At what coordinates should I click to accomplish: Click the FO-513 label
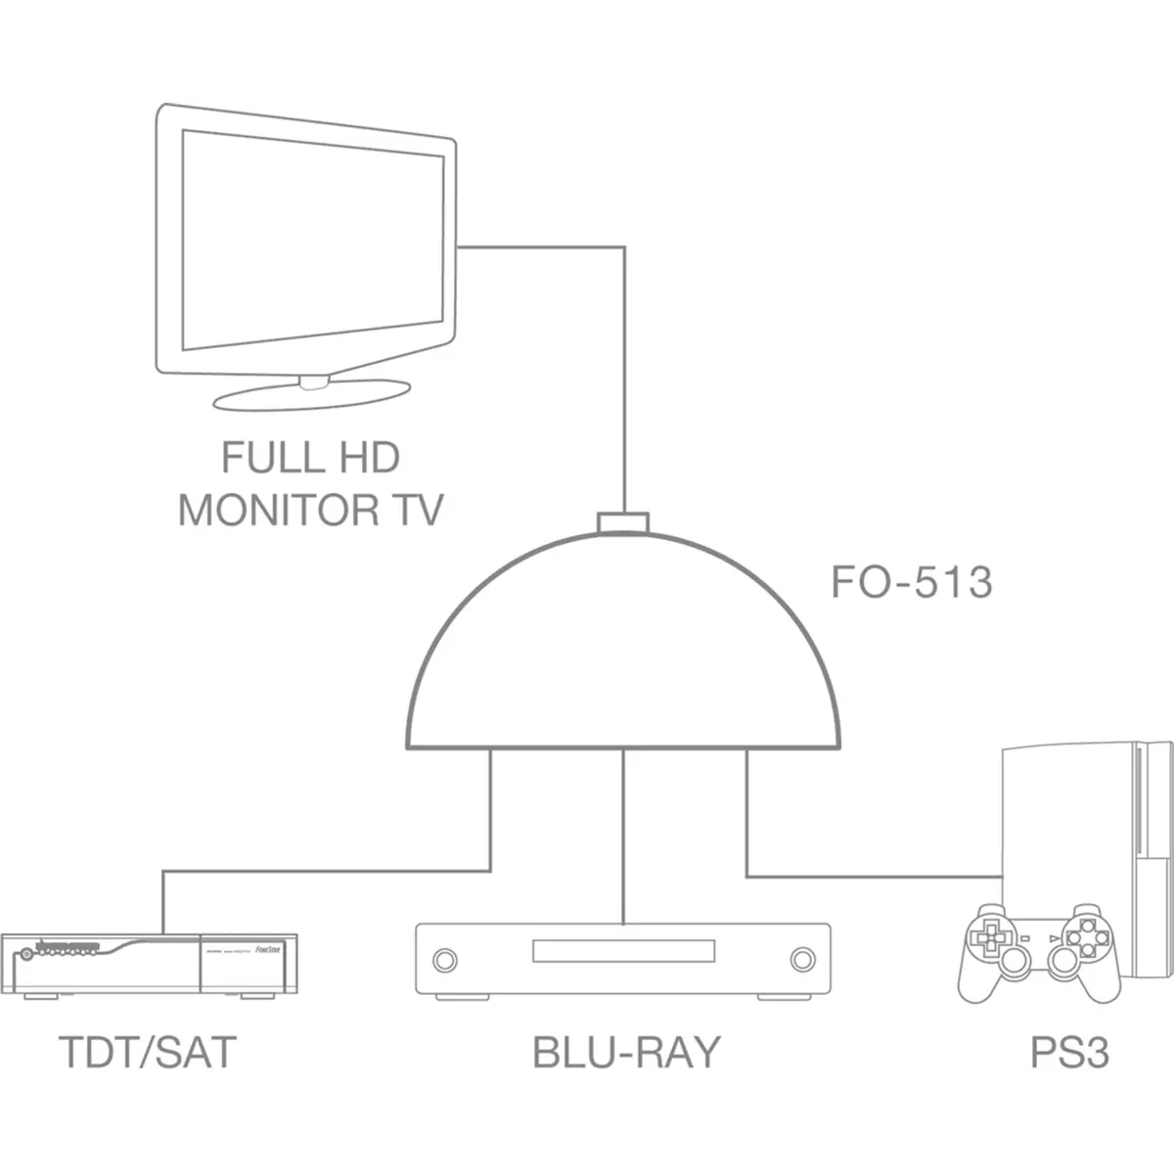pyautogui.click(x=911, y=582)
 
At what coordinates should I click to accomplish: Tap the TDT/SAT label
pyautogui.click(x=148, y=1053)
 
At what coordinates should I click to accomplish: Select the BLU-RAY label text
pyautogui.click(x=626, y=1053)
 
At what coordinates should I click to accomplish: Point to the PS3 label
pyautogui.click(x=1069, y=1053)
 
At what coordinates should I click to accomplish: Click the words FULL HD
pyautogui.click(x=310, y=458)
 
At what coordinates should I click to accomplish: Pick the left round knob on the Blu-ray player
pyautogui.click(x=444, y=957)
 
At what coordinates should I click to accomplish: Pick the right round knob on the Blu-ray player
pyautogui.click(x=802, y=957)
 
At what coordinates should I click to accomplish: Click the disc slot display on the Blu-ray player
pyautogui.click(x=623, y=952)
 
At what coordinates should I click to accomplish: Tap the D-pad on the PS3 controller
pyautogui.click(x=988, y=937)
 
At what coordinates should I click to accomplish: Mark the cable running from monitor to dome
pyautogui.click(x=623, y=372)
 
